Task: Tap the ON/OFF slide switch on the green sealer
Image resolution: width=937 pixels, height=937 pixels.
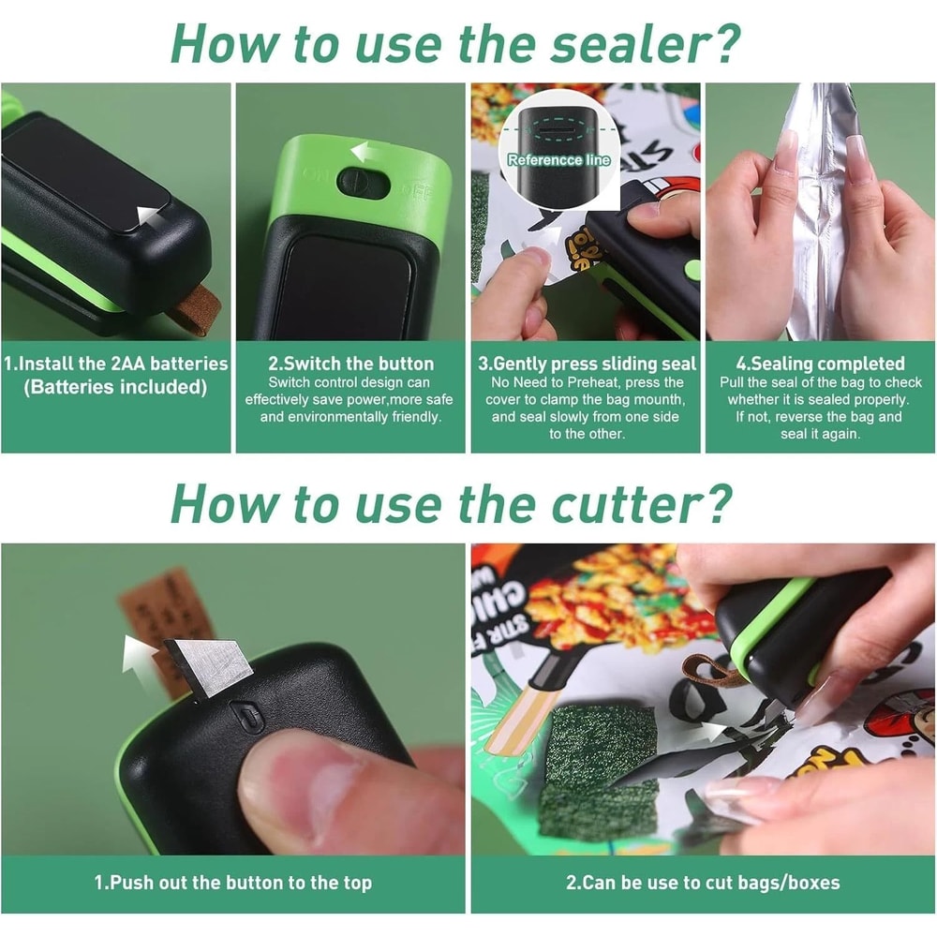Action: (363, 183)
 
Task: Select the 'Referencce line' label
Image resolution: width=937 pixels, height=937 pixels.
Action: (558, 160)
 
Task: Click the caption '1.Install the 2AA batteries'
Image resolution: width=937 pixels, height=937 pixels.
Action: (115, 364)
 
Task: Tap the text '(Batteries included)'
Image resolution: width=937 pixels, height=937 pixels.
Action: (115, 387)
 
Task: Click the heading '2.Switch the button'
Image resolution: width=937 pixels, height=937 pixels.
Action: (350, 364)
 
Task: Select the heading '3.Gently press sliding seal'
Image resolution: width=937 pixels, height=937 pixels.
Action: (587, 364)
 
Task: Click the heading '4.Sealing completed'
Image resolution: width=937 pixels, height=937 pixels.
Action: (820, 364)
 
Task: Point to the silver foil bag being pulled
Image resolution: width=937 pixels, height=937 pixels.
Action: (815, 216)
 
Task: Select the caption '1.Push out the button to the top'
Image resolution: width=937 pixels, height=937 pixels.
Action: (232, 883)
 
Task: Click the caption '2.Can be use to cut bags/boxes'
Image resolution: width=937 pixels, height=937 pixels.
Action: (703, 883)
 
